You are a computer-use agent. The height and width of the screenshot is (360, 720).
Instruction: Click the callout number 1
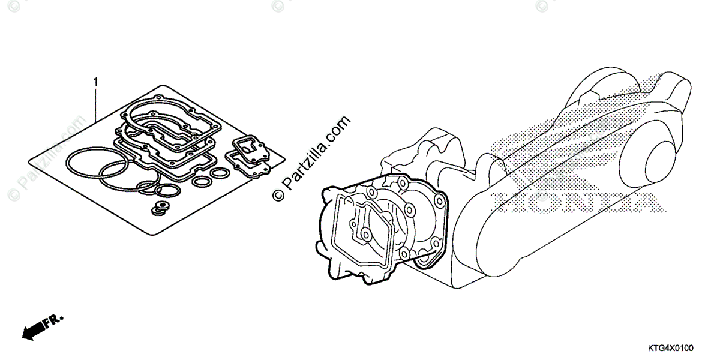tap(95, 80)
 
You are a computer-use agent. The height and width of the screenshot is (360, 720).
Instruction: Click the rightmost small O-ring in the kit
tap(220, 173)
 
